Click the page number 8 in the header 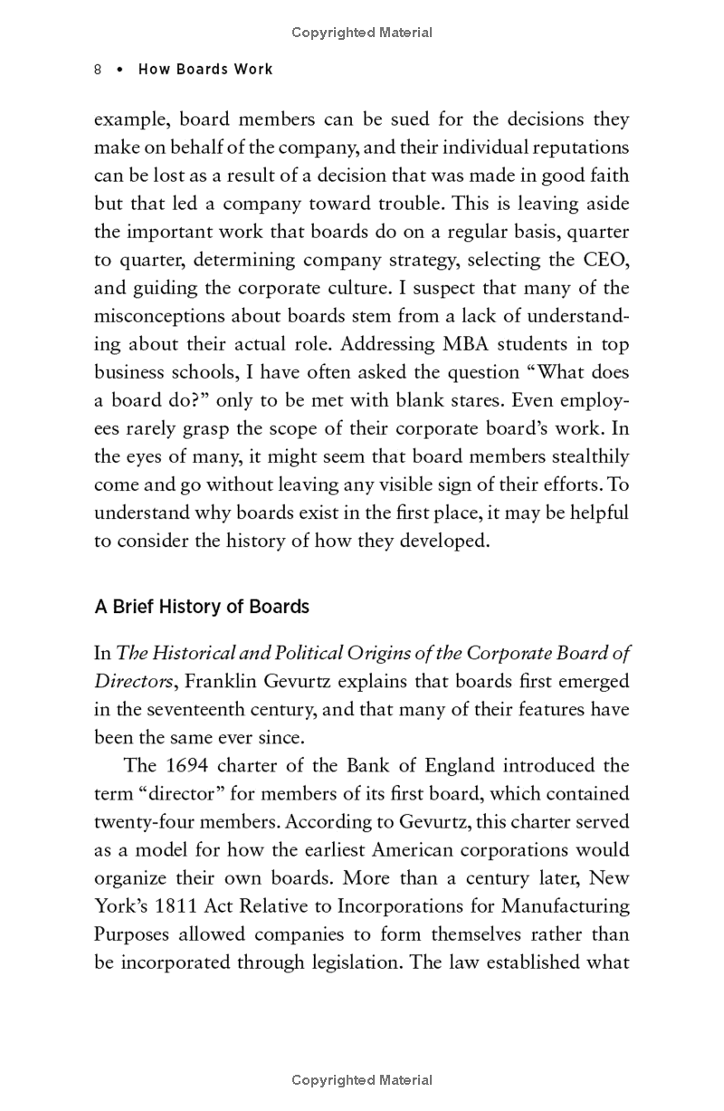[98, 70]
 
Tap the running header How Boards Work [205, 70]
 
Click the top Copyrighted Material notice [362, 33]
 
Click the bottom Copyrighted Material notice [362, 1079]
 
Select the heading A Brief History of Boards [202, 607]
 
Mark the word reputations [577, 148]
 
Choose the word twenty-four [142, 821]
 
